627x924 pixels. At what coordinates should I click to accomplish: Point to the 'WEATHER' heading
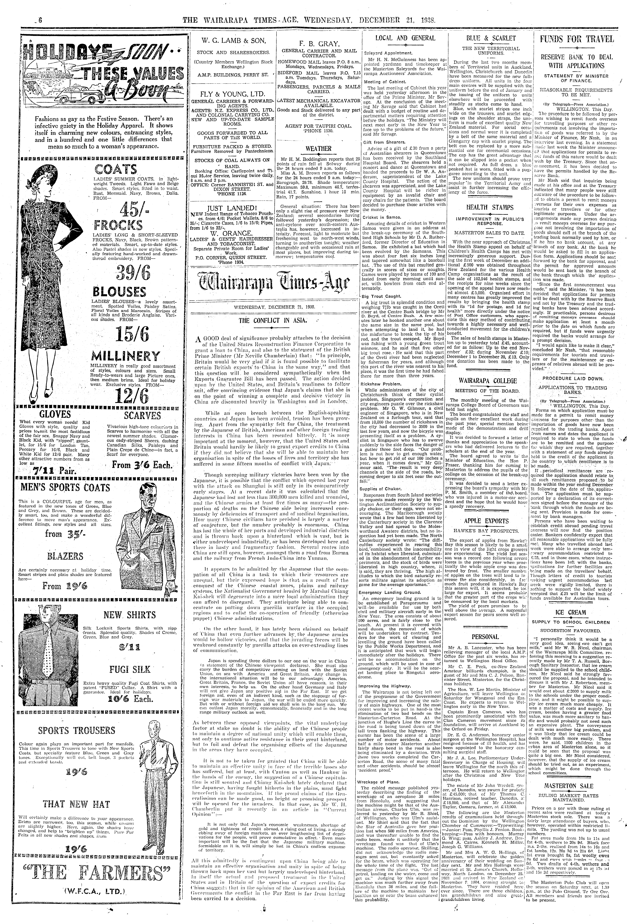pos(319,149)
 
